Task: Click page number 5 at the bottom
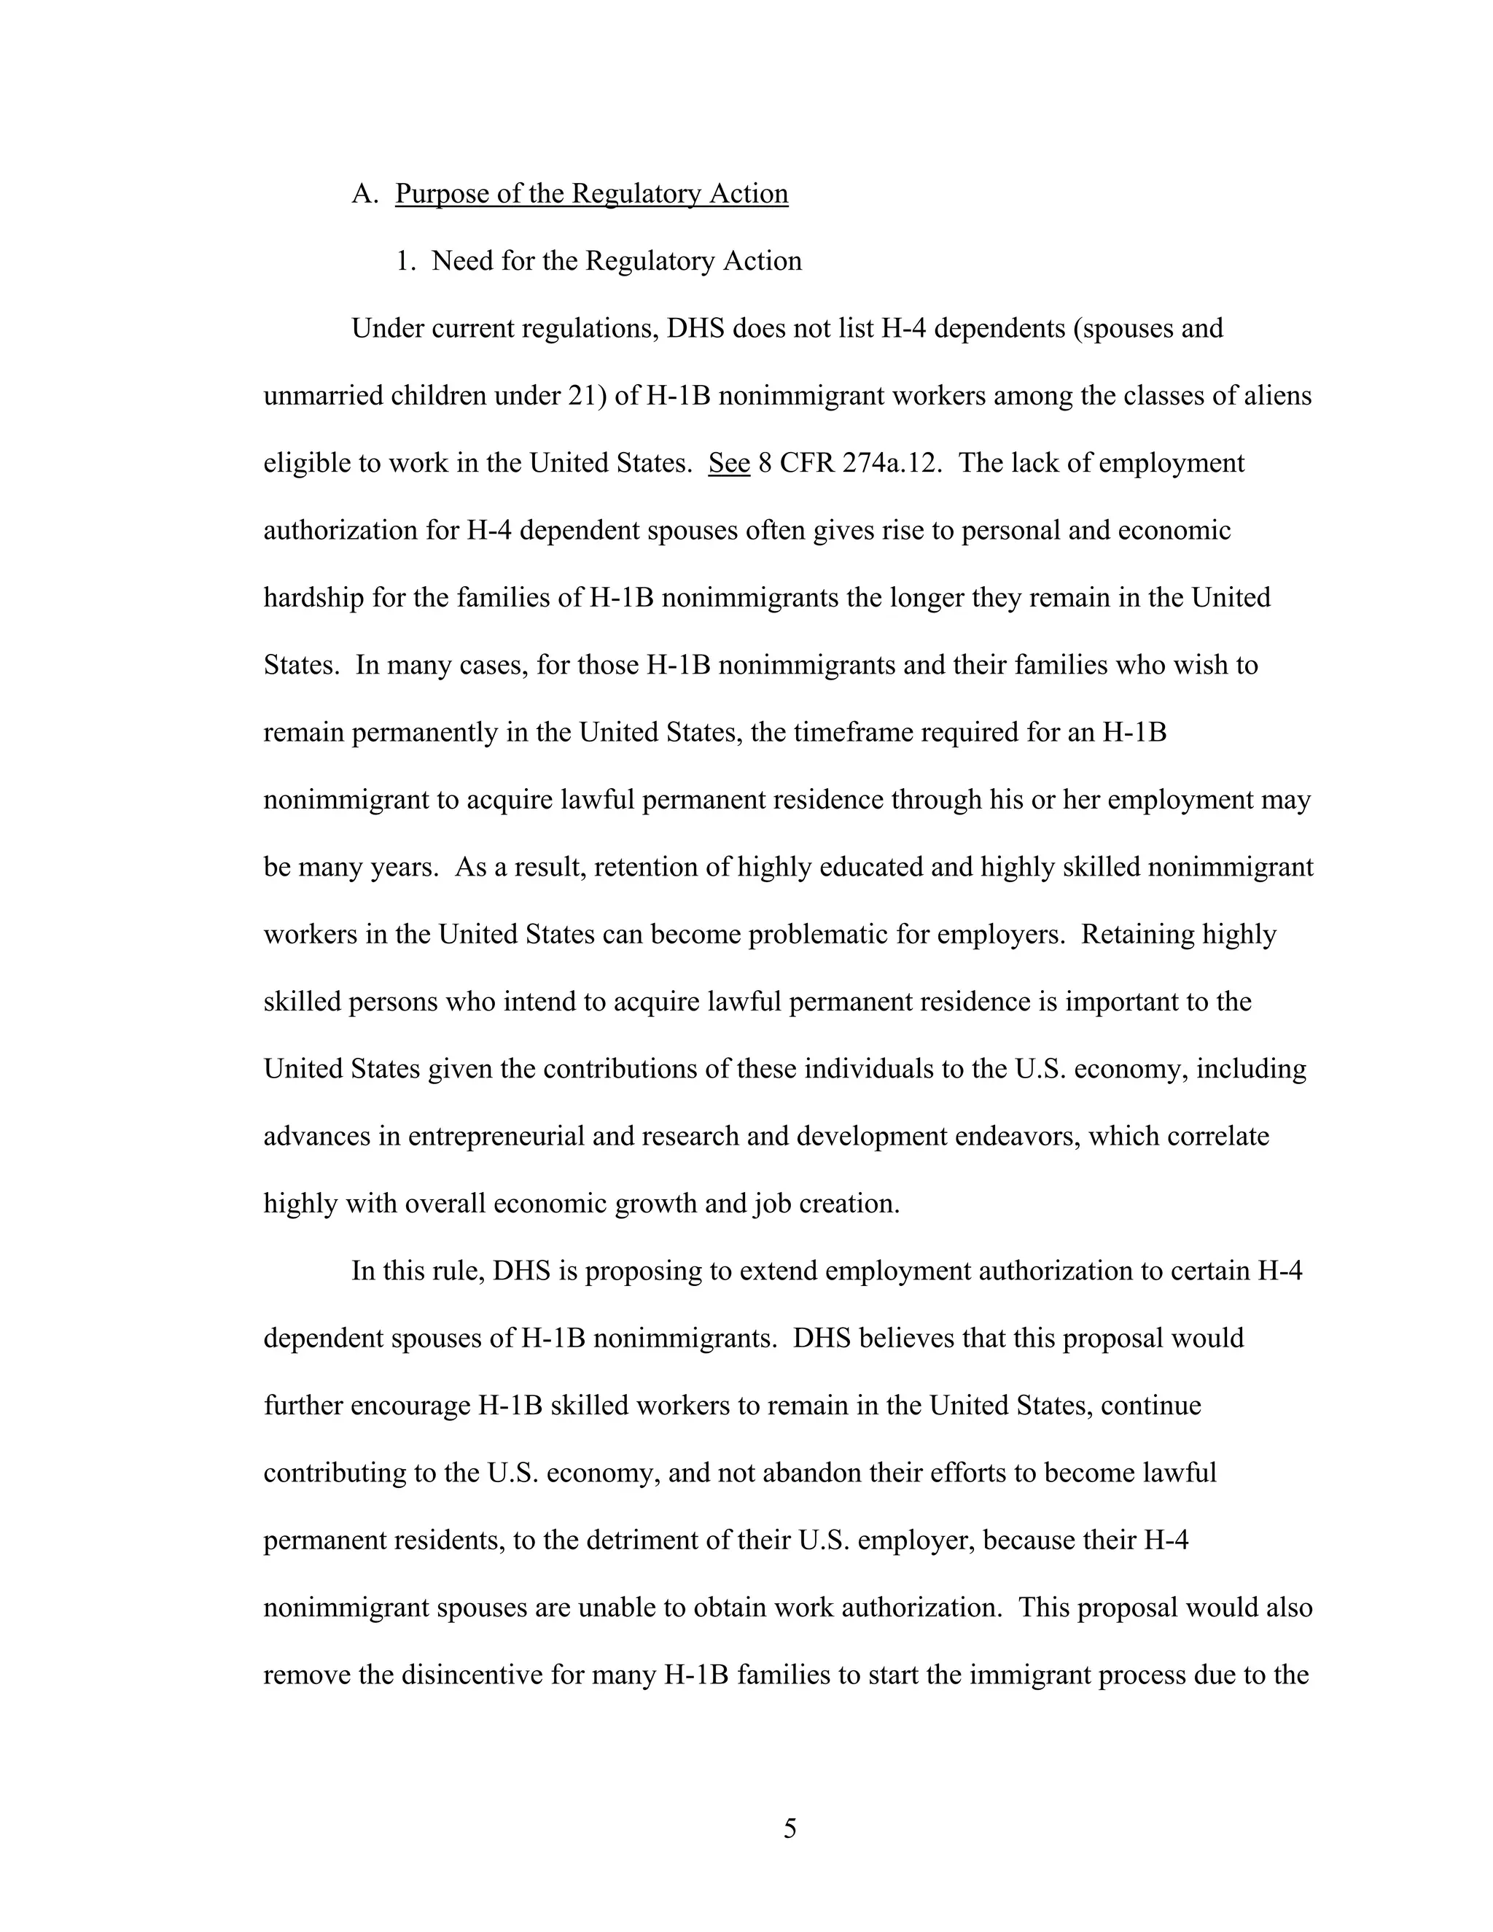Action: tap(790, 1828)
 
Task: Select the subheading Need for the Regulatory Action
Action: tap(617, 261)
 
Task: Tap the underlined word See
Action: tap(729, 464)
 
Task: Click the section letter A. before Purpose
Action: tap(365, 194)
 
